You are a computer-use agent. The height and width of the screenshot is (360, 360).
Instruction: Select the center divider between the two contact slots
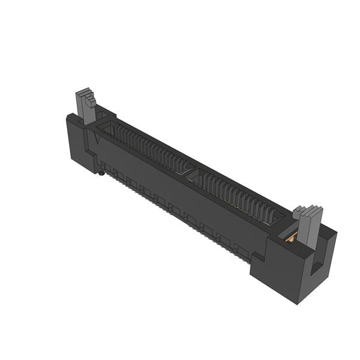190,175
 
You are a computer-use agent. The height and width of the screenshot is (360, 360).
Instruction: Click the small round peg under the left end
101,174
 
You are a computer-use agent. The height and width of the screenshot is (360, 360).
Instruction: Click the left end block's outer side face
77,141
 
